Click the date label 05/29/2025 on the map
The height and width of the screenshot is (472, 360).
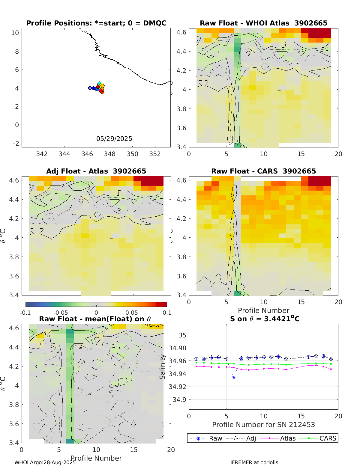(x=114, y=139)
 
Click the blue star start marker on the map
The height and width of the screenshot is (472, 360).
(x=90, y=88)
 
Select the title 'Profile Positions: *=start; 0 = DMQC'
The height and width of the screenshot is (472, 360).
(x=96, y=23)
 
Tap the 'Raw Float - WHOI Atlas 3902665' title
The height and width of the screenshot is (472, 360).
(x=263, y=23)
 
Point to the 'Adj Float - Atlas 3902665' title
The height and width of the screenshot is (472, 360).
(x=96, y=171)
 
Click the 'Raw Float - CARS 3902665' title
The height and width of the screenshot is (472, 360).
(x=263, y=171)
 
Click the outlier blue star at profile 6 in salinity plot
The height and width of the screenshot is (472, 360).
(x=234, y=378)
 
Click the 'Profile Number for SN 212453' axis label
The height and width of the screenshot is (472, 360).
(x=263, y=425)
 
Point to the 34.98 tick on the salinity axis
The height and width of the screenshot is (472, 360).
(x=178, y=348)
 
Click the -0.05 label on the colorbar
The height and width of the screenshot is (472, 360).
(x=61, y=313)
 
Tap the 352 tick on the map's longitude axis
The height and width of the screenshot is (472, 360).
(x=155, y=154)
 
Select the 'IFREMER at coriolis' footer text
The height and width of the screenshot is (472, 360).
(x=254, y=462)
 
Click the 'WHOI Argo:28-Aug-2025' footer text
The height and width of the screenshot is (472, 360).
(x=45, y=462)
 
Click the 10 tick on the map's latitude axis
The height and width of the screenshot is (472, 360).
(x=15, y=33)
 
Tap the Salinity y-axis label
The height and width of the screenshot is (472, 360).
(x=162, y=367)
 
